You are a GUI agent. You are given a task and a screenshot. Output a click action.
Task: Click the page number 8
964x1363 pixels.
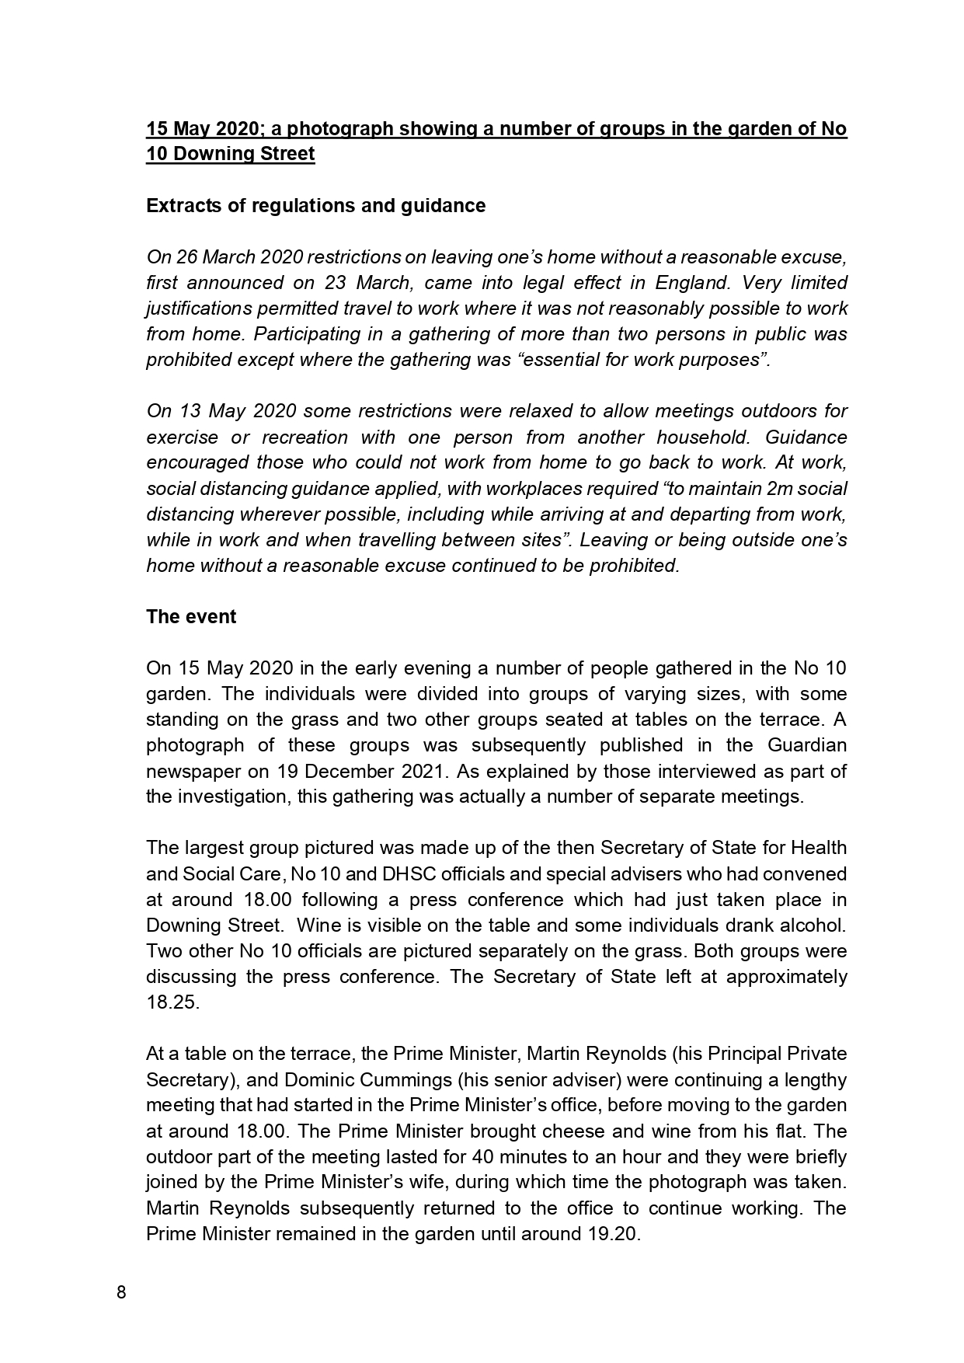click(120, 1292)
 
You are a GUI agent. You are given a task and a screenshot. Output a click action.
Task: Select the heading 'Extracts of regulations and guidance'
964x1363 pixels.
click(315, 206)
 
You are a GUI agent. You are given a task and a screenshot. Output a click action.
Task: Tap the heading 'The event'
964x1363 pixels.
click(191, 617)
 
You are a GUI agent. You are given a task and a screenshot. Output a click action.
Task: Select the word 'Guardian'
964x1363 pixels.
click(807, 745)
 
